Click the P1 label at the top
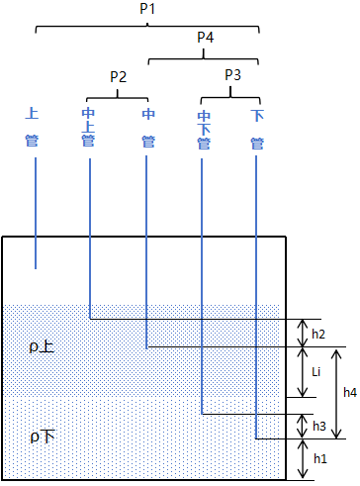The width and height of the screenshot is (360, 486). click(x=147, y=9)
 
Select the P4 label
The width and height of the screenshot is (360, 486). click(x=205, y=37)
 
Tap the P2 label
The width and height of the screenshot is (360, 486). click(x=118, y=77)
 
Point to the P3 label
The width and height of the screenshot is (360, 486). click(x=232, y=75)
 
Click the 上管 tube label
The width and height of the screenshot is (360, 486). click(x=32, y=127)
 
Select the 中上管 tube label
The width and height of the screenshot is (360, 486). click(x=88, y=127)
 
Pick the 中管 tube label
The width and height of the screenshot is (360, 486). click(x=148, y=128)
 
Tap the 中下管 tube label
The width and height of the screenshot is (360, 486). click(x=204, y=131)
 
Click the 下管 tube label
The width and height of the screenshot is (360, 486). click(x=257, y=130)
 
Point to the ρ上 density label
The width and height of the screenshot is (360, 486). click(x=42, y=346)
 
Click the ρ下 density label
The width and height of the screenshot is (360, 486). click(x=43, y=437)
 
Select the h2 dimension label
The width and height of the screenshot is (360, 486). click(x=318, y=334)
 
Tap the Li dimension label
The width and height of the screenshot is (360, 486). click(x=316, y=372)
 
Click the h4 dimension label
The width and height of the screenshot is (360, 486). click(x=350, y=392)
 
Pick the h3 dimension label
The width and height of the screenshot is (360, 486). click(x=319, y=426)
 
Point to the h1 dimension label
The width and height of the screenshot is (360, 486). click(x=320, y=458)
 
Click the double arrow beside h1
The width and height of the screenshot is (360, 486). click(x=303, y=459)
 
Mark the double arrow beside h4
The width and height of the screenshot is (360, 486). click(x=336, y=394)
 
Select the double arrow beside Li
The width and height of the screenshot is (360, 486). click(x=303, y=372)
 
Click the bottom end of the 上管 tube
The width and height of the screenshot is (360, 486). click(x=36, y=268)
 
